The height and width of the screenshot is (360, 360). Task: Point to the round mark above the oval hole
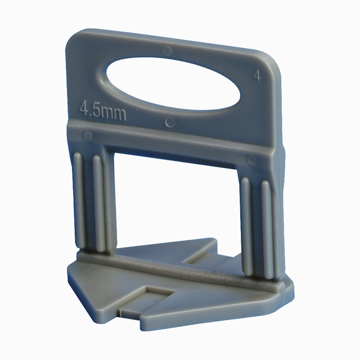pos(166,51)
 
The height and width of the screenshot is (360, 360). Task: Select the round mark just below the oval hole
pos(169,121)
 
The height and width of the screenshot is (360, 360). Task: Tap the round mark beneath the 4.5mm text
pos(87,136)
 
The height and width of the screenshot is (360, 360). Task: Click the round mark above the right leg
pos(251,160)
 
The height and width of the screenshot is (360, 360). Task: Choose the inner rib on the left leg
pos(100,202)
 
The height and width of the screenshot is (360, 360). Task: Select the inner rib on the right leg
pos(246,225)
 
